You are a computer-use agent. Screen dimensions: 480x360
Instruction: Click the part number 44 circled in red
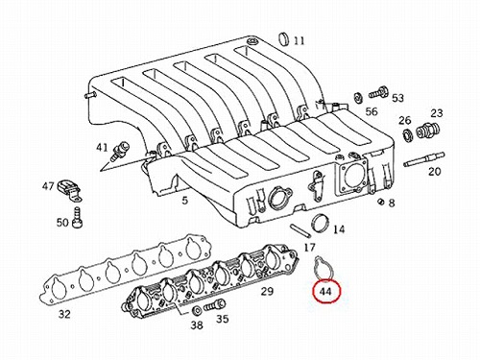pyautogui.click(x=326, y=292)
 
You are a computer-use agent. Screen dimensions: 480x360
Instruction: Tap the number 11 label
pyautogui.click(x=299, y=41)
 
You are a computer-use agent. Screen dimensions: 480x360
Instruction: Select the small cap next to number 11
pyautogui.click(x=284, y=39)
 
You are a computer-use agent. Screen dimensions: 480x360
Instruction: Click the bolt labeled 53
pyautogui.click(x=378, y=93)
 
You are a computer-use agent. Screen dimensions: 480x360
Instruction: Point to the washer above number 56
pyautogui.click(x=358, y=97)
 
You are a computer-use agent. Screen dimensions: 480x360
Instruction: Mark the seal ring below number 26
pyautogui.click(x=407, y=134)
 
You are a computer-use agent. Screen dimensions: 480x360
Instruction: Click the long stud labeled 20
pyautogui.click(x=424, y=159)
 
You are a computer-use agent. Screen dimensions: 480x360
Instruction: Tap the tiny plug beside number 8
pyautogui.click(x=381, y=202)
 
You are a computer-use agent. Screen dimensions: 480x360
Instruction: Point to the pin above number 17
pyautogui.click(x=300, y=230)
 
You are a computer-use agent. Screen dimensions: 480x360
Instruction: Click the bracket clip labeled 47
pyautogui.click(x=69, y=191)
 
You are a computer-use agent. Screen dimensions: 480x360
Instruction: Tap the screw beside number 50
pyautogui.click(x=77, y=217)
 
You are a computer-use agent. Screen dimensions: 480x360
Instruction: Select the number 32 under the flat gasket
pyautogui.click(x=64, y=314)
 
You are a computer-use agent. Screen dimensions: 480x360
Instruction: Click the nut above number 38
pyautogui.click(x=196, y=310)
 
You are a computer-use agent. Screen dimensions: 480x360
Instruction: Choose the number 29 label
pyautogui.click(x=267, y=291)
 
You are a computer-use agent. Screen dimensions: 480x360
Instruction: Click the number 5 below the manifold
pyautogui.click(x=185, y=201)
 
